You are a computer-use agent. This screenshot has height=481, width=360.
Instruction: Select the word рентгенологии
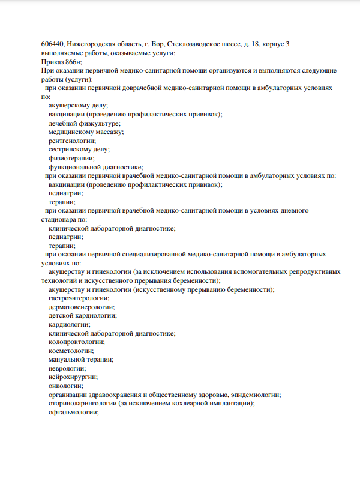point(72,141)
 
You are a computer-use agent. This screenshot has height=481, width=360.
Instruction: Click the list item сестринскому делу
point(79,150)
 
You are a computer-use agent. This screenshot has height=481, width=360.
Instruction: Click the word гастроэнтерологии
point(79,298)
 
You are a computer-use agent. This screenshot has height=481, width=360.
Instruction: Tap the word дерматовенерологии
point(81,307)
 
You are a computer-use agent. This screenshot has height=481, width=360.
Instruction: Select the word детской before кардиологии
point(61,315)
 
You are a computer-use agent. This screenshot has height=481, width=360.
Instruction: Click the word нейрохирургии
point(73,377)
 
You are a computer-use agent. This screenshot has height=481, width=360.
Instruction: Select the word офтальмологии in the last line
point(73,413)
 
